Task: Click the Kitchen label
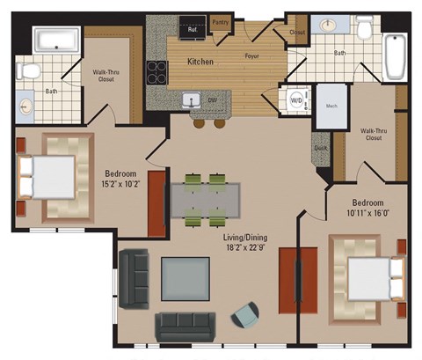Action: (202, 62)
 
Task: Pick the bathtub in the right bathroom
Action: (395, 58)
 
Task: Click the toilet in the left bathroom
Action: (28, 68)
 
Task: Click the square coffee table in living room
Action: (185, 277)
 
